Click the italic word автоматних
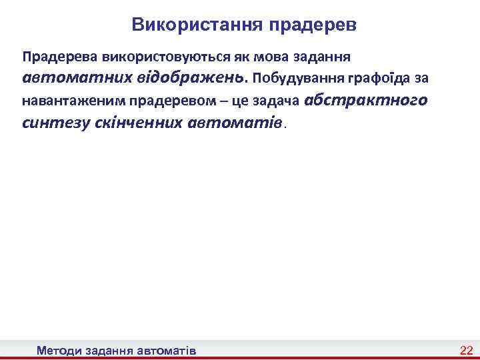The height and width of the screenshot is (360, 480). coord(69,77)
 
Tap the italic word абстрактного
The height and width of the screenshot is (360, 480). coord(366,100)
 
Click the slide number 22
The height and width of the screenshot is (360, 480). coord(466,350)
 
